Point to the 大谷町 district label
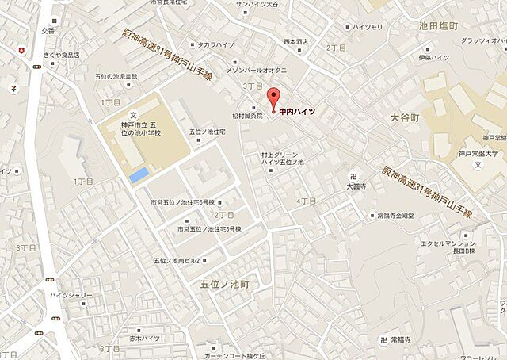click(406, 116)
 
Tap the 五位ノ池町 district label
click(224, 283)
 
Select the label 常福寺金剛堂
click(396, 215)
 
